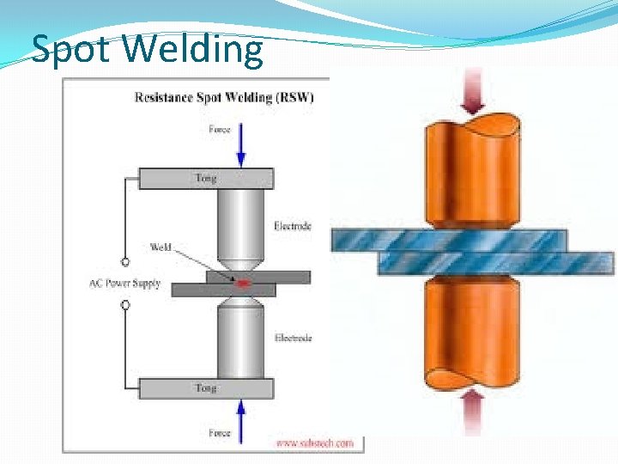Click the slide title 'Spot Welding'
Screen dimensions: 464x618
tap(147, 49)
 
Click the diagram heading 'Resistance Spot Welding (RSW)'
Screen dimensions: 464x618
tap(225, 97)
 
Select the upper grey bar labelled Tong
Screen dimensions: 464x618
tap(206, 179)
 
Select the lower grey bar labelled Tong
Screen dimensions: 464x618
tap(206, 388)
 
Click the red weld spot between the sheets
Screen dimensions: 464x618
tap(243, 282)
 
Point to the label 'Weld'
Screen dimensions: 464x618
tap(161, 247)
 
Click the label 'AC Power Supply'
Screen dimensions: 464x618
tap(124, 283)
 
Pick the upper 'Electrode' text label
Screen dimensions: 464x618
tap(293, 226)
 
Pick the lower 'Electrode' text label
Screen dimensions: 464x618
tap(293, 338)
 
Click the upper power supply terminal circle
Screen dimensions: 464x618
tap(125, 261)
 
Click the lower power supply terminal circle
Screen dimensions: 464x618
tap(125, 304)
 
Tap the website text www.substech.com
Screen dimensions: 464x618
tap(314, 443)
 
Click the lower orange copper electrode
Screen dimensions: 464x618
tap(470, 335)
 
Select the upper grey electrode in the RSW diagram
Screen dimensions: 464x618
tap(241, 228)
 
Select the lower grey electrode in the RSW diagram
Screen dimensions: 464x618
tap(241, 339)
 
